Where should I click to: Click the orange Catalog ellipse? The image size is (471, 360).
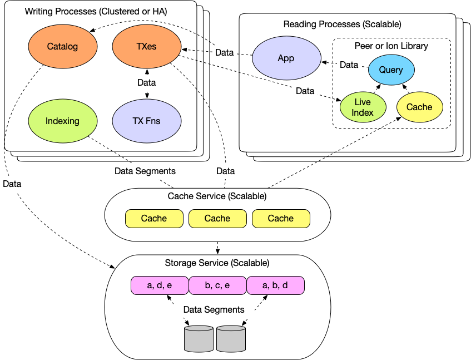pyautogui.click(x=62, y=47)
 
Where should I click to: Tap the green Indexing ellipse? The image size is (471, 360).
pyautogui.click(x=62, y=121)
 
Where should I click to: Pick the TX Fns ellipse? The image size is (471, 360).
pyautogui.click(x=146, y=121)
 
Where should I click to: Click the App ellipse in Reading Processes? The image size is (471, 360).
pyautogui.click(x=286, y=58)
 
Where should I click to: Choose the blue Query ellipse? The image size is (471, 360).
pyautogui.click(x=390, y=70)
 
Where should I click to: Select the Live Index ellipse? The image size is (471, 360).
pyautogui.click(x=363, y=107)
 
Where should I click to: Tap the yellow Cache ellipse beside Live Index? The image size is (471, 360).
pyautogui.click(x=419, y=107)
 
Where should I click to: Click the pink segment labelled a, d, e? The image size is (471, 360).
pyautogui.click(x=160, y=285)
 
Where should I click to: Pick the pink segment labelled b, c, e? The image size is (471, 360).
pyautogui.click(x=217, y=285)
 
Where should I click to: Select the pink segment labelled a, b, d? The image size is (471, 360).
pyautogui.click(x=275, y=285)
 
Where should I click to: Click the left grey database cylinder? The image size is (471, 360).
pyautogui.click(x=199, y=339)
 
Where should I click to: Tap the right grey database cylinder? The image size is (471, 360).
pyautogui.click(x=231, y=339)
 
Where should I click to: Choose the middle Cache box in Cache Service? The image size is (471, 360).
pyautogui.click(x=217, y=219)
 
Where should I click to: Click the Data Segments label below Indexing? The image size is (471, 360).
pyautogui.click(x=145, y=171)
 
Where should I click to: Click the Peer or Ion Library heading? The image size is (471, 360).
pyautogui.click(x=391, y=46)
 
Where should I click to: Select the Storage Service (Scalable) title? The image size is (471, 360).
pyautogui.click(x=217, y=263)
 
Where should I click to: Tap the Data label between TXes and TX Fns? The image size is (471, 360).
pyautogui.click(x=146, y=82)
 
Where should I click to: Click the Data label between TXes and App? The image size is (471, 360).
pyautogui.click(x=225, y=53)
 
